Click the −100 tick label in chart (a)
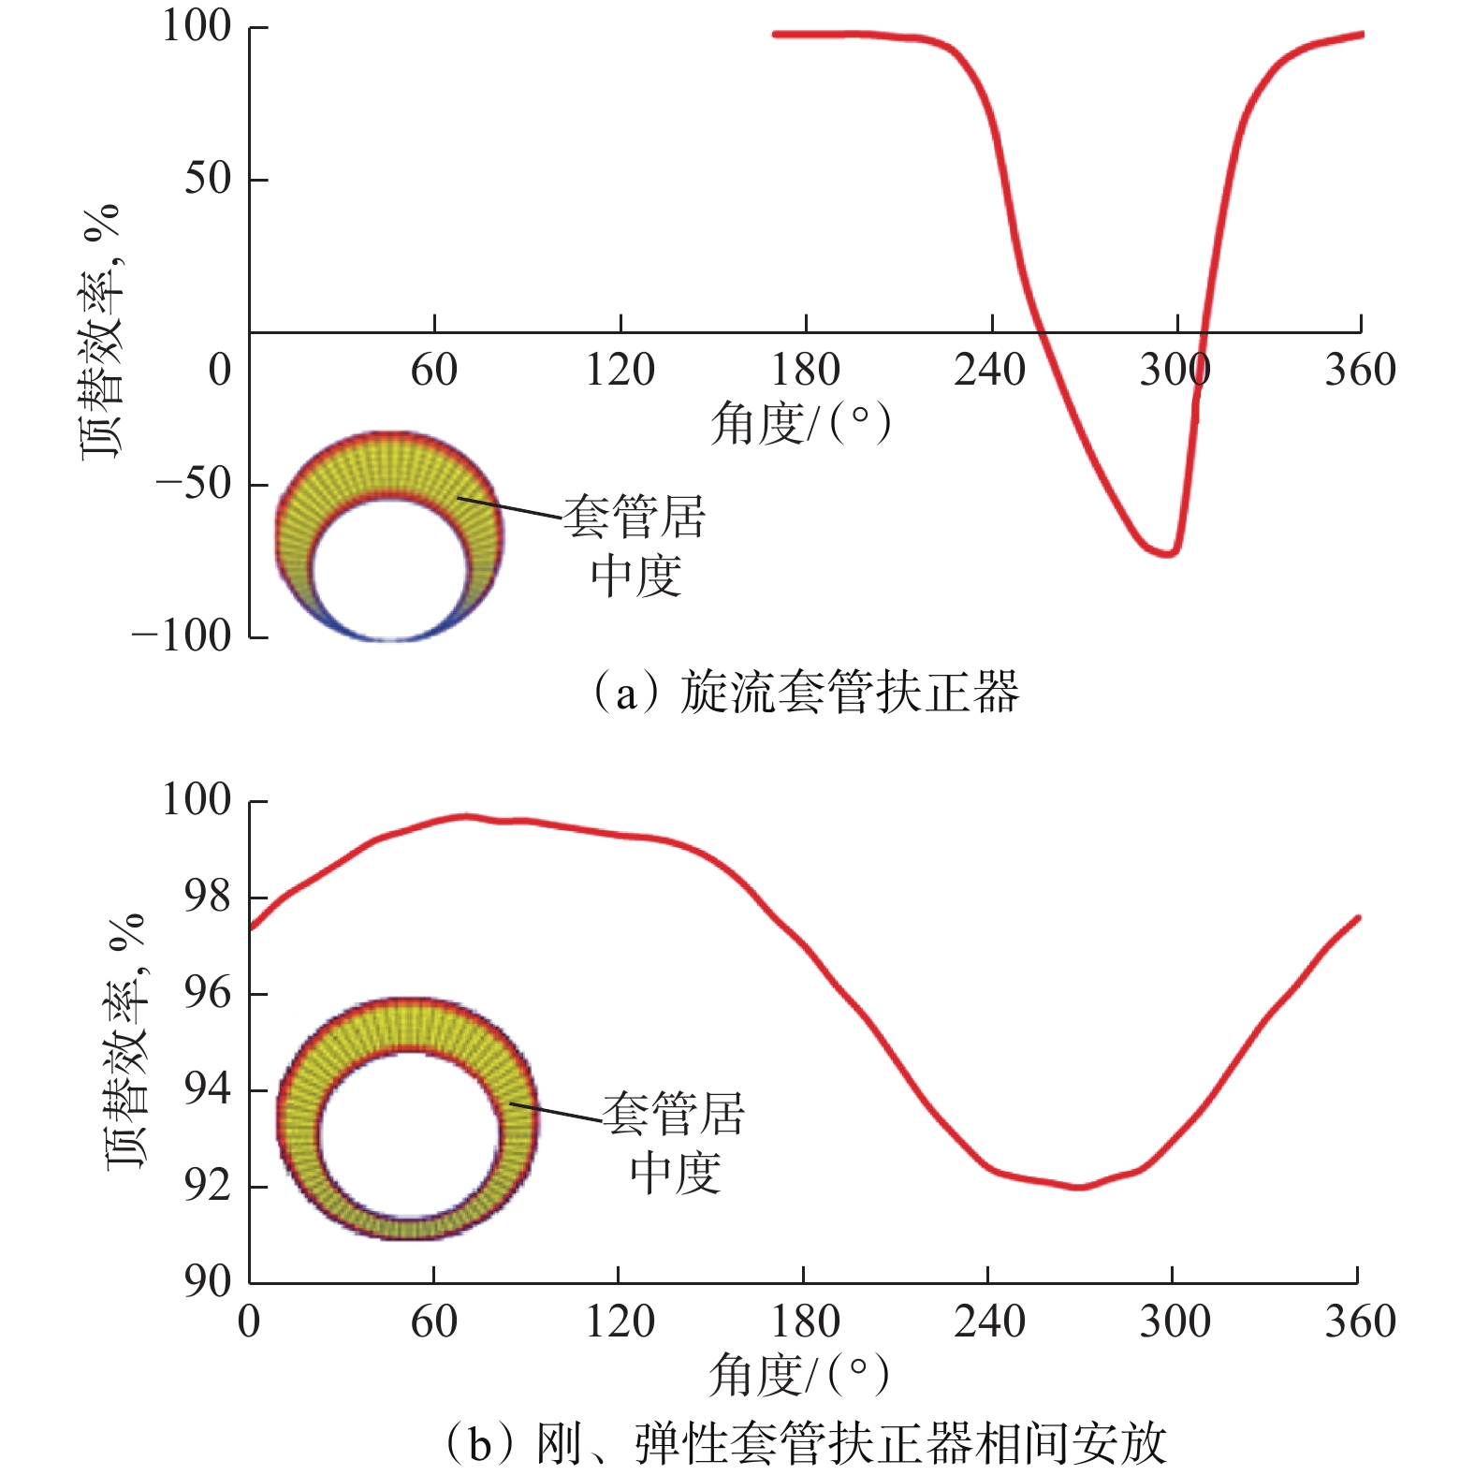click(x=182, y=636)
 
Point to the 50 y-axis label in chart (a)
click(x=207, y=178)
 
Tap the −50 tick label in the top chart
click(x=193, y=484)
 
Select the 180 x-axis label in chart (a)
click(x=805, y=371)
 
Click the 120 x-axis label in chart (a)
click(x=620, y=371)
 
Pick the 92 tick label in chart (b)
click(x=207, y=1186)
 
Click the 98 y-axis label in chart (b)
click(x=207, y=897)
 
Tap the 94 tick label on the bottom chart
click(x=207, y=1089)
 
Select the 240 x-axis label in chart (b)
click(x=989, y=1322)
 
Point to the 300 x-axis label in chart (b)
click(x=1174, y=1322)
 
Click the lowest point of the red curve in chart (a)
click(x=1167, y=554)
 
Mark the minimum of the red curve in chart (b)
click(x=1079, y=1187)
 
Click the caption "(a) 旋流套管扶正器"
click(x=805, y=693)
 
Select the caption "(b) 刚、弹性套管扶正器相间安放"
click(x=805, y=1442)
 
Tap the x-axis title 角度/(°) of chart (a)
click(x=800, y=424)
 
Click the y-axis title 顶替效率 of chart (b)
click(x=126, y=1039)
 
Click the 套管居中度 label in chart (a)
click(x=635, y=546)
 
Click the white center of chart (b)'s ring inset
click(x=410, y=1132)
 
